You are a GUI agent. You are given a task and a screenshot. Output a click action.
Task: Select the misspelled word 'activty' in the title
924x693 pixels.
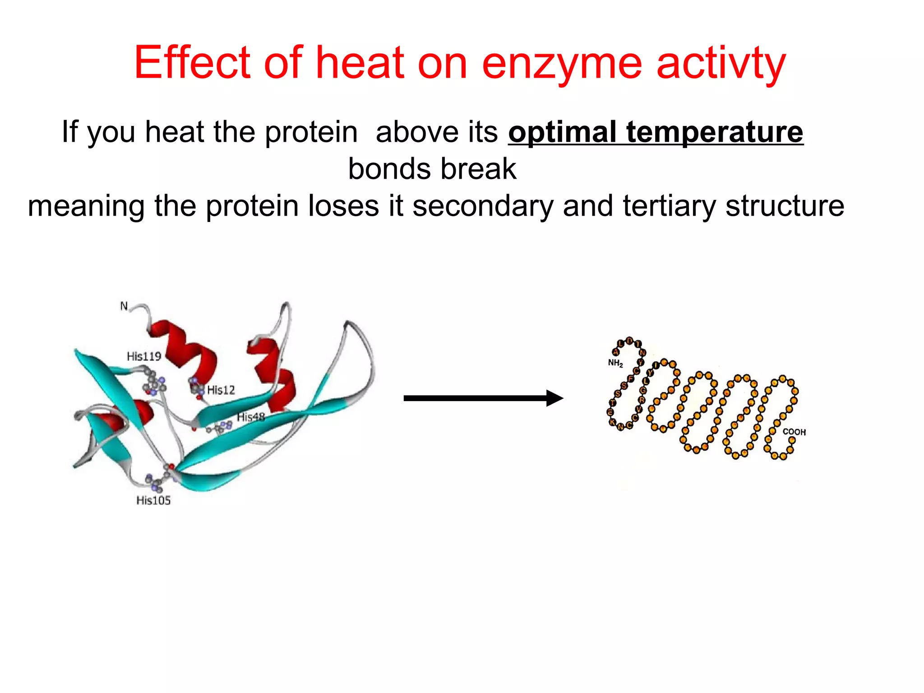[x=721, y=63]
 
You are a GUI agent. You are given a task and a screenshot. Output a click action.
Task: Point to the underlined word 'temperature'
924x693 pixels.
[x=715, y=132]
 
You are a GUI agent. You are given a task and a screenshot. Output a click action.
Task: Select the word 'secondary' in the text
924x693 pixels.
[x=483, y=206]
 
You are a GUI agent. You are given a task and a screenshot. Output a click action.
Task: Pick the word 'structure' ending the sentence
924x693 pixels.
[x=785, y=206]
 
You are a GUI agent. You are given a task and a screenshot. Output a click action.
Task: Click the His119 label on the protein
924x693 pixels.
[x=143, y=356]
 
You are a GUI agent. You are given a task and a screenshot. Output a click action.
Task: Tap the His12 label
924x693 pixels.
[x=221, y=390]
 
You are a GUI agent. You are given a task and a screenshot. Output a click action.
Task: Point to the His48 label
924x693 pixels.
[x=251, y=417]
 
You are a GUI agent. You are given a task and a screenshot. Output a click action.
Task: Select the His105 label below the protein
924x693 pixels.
[x=153, y=500]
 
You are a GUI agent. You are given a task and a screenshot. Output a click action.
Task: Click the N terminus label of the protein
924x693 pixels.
[x=124, y=306]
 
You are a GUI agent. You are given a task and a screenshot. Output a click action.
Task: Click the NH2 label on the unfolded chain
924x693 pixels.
[x=615, y=363]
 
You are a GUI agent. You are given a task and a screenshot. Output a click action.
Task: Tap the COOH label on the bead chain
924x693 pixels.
[x=794, y=432]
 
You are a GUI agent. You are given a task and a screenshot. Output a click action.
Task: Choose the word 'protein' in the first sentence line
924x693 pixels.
[x=311, y=132]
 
